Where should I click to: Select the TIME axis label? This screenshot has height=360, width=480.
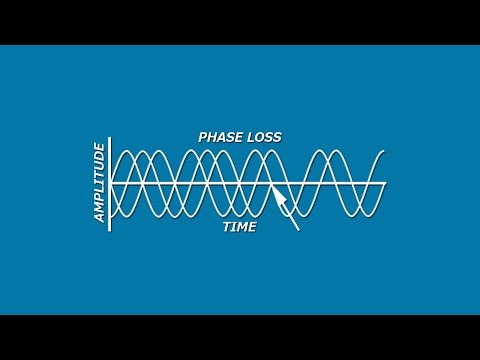click(239, 228)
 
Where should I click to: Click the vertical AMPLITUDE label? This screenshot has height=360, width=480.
click(99, 183)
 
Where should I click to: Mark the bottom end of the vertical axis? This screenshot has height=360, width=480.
click(110, 230)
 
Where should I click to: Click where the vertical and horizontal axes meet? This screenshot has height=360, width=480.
click(110, 184)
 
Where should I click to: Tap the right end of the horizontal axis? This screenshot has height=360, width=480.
click(386, 184)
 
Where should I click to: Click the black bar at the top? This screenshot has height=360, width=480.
click(240, 22)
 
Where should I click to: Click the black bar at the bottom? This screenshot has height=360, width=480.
click(240, 337)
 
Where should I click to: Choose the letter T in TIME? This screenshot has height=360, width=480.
click(226, 228)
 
